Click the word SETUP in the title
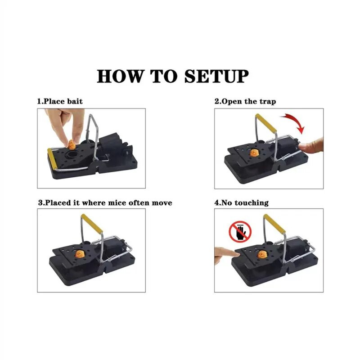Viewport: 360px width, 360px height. tap(216, 76)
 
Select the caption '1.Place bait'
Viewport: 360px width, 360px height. tap(60, 101)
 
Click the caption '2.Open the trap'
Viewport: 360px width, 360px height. tap(245, 101)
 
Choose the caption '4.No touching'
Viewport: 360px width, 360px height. tap(242, 203)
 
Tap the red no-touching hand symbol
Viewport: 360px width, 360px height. tap(240, 232)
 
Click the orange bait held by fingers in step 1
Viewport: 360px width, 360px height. tap(72, 144)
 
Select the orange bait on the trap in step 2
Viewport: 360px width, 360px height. tap(254, 153)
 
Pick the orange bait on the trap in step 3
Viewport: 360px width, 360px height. tap(80, 254)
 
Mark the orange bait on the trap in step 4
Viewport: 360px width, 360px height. tap(262, 254)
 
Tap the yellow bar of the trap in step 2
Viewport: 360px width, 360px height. tap(266, 123)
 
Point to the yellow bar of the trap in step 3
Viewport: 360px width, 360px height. tap(92, 224)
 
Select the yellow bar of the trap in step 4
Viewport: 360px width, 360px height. tap(274, 224)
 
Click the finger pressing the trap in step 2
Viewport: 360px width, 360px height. tap(311, 146)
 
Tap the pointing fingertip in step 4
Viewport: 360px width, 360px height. tap(237, 254)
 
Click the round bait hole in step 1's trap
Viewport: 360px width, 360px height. tap(72, 153)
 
